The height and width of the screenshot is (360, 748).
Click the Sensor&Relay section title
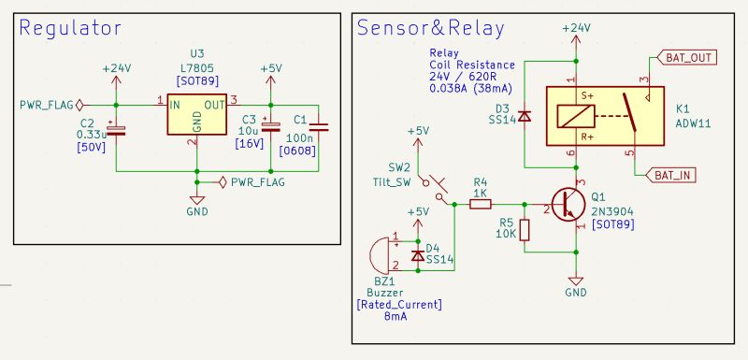tap(429, 27)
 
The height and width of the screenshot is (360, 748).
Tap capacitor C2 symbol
tap(116, 131)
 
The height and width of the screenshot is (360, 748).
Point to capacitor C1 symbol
tap(318, 128)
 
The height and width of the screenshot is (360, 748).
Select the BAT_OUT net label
tap(689, 58)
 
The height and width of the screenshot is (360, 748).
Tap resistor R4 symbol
tap(481, 203)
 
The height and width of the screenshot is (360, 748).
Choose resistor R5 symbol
tap(525, 230)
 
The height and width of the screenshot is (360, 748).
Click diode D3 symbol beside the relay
tap(525, 116)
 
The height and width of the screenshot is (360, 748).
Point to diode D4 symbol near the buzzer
tap(417, 254)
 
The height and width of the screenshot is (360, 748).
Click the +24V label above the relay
tap(576, 28)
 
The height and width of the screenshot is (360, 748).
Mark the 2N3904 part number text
tap(611, 212)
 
